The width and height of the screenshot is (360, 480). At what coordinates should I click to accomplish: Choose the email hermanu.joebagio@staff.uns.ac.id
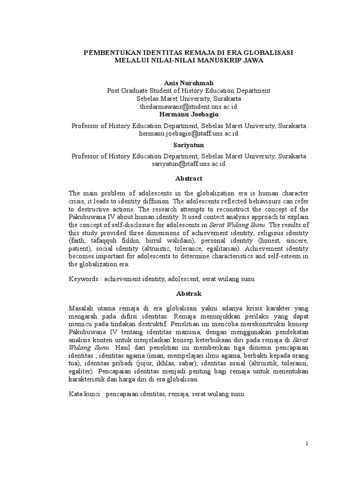[188, 134]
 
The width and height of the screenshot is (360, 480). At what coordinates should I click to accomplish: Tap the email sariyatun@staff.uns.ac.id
[188, 164]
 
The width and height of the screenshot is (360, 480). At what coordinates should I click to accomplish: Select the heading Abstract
[188, 179]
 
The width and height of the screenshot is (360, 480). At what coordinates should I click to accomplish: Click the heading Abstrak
[188, 293]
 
